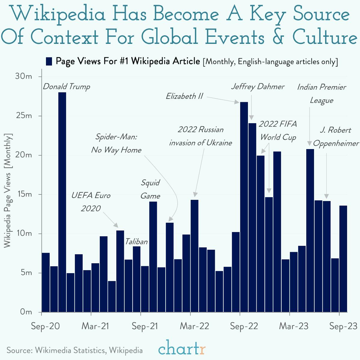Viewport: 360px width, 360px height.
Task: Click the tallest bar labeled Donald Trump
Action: (62, 201)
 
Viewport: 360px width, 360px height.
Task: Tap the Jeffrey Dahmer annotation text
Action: (258, 87)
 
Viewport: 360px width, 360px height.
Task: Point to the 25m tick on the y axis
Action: (23, 116)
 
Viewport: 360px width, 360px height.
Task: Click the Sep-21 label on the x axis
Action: (145, 326)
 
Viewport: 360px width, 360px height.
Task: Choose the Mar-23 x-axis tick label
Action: (294, 326)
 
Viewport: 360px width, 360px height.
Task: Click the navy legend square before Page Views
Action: (49, 61)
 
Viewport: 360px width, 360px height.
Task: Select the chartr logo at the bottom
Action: (182, 349)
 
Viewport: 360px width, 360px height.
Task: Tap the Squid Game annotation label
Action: (150, 189)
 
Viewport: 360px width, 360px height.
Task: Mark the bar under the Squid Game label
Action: (153, 257)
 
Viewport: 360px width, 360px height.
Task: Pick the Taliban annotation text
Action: (136, 242)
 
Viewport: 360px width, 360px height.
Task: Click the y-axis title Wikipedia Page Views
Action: (7, 191)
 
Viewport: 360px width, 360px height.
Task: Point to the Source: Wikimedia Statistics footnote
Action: (75, 350)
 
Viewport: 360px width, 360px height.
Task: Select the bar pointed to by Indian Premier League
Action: (310, 230)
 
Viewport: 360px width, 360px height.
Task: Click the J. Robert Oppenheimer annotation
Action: (336, 137)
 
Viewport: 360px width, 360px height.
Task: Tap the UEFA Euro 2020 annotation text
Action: (91, 202)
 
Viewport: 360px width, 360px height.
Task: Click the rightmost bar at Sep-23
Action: (343, 258)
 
